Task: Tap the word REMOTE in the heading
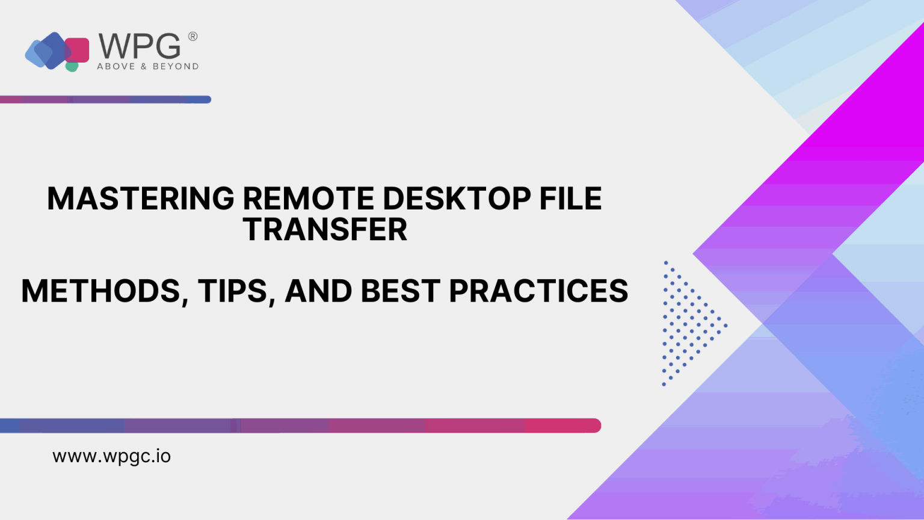tap(307, 198)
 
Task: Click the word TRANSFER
tap(325, 229)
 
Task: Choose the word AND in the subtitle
tap(318, 291)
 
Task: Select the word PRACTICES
tap(538, 291)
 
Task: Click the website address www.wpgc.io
tap(111, 456)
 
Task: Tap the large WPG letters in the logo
tap(140, 46)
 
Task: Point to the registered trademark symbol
tap(192, 36)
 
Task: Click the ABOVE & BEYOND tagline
tap(147, 66)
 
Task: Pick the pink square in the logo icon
tap(78, 49)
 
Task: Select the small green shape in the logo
tap(72, 66)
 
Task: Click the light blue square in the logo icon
tap(34, 53)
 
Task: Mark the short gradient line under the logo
tap(105, 99)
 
